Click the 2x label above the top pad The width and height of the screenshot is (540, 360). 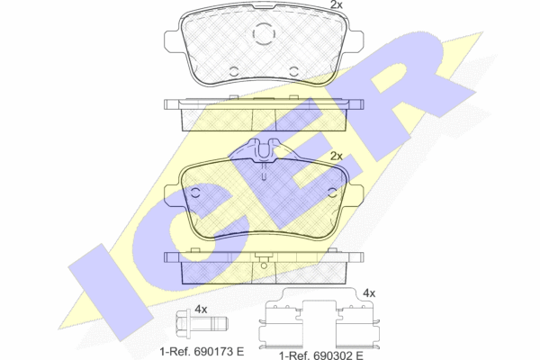[336, 4]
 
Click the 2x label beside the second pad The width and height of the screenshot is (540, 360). [337, 157]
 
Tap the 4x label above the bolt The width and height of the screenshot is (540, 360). [201, 310]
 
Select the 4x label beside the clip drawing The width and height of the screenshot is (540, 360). [369, 293]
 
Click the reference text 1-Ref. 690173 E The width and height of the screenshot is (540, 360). [202, 351]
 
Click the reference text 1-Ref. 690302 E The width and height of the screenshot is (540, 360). [321, 355]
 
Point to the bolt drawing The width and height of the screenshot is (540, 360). [202, 323]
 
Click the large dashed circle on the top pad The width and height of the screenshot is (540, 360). [264, 34]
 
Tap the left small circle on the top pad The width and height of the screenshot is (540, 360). [234, 71]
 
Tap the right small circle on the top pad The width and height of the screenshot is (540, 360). [293, 71]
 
